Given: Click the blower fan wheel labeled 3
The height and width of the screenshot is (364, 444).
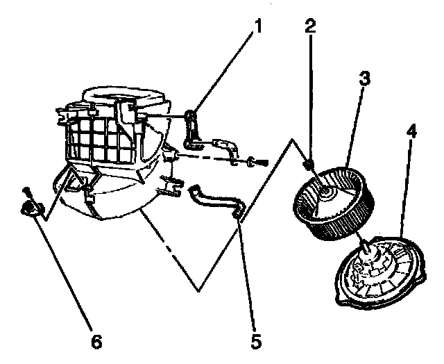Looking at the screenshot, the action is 335,201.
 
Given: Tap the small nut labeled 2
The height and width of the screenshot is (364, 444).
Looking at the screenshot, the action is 308,164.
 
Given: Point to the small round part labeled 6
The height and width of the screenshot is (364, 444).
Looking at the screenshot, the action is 28,208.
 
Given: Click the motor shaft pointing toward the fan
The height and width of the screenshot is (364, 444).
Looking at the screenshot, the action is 363,245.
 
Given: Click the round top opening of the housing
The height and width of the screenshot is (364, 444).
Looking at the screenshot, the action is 125,95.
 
